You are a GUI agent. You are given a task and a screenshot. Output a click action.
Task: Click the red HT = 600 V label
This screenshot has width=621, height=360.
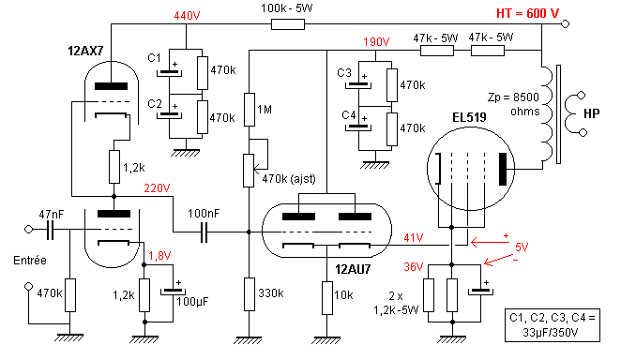pos(527,13)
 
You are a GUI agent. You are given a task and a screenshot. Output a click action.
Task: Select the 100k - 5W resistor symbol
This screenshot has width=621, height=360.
pos(288,24)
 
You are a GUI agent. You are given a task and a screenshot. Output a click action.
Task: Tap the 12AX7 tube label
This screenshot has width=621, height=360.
pos(85,51)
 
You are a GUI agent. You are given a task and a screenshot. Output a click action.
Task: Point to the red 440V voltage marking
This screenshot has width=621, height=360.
pos(187,16)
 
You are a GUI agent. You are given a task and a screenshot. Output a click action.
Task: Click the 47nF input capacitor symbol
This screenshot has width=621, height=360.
pos(50,230)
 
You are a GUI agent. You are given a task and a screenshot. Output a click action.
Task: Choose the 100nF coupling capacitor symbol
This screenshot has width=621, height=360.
pos(204,232)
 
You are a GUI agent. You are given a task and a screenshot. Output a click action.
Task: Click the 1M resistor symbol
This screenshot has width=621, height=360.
pos(250,110)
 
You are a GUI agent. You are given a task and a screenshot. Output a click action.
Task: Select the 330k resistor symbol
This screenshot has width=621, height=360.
pos(250,294)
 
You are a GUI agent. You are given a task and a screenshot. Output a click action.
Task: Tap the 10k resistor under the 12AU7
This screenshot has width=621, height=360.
pos(327,298)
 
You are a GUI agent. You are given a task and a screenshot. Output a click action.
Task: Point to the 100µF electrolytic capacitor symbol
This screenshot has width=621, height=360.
pos(173,292)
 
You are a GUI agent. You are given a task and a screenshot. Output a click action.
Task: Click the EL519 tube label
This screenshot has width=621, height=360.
pos(469,117)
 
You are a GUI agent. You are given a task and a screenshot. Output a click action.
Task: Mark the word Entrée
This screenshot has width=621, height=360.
pos(30,261)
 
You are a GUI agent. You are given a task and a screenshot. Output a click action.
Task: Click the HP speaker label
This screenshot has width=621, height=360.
pos(592,114)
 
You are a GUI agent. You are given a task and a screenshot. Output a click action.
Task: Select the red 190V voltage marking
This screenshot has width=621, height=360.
pos(376,42)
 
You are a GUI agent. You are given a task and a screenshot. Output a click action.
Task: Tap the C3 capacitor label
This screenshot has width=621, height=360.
pos(344,73)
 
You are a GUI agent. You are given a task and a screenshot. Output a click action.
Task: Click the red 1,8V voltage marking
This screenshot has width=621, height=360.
pos(159,256)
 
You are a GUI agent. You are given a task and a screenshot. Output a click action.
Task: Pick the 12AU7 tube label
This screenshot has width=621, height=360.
pos(353,269)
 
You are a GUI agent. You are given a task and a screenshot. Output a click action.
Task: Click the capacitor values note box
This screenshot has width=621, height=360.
pos(553,325)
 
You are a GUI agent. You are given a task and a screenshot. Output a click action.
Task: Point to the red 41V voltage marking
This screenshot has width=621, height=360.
pos(414,238)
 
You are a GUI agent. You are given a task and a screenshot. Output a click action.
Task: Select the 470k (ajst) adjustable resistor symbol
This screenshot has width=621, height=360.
pos(249,171)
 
